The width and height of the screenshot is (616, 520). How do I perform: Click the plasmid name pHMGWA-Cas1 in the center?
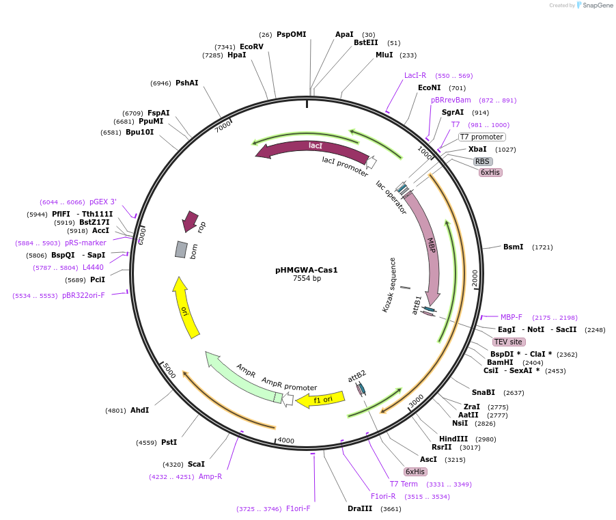307,270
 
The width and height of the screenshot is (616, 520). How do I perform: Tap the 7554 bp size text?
307,279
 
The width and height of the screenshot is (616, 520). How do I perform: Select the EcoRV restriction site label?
251,46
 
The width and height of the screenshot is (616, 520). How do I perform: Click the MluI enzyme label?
384,55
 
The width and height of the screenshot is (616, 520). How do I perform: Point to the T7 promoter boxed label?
481,137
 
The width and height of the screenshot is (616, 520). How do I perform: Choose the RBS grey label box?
483,161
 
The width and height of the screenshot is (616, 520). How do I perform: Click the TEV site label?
508,342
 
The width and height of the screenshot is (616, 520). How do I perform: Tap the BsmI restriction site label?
514,247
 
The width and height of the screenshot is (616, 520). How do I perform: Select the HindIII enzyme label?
454,439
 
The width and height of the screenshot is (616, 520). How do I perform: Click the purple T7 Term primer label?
404,484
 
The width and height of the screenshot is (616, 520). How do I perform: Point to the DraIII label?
360,508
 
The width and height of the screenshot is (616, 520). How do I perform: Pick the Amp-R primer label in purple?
210,476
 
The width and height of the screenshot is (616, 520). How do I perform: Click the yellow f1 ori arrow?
321,399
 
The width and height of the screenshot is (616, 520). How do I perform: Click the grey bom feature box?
181,249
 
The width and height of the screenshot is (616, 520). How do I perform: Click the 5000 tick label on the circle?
169,370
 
